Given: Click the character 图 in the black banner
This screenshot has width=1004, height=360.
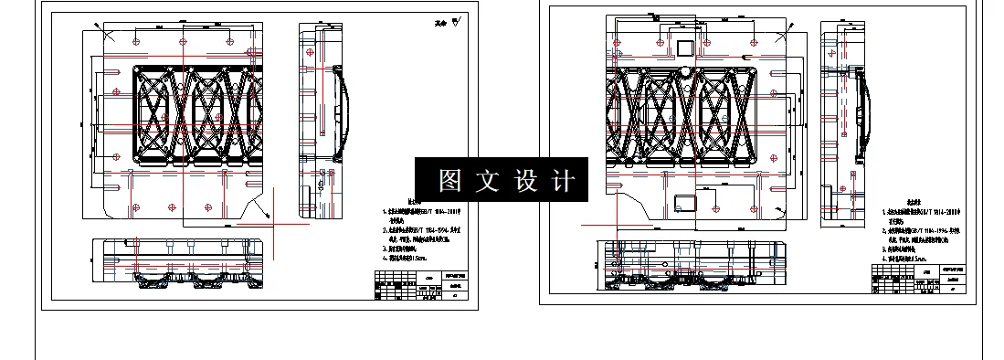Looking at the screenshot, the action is (449, 181).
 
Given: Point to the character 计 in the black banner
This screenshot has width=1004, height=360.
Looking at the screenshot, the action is (565, 181).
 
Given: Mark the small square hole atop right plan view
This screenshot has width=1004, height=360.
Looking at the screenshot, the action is (683, 47).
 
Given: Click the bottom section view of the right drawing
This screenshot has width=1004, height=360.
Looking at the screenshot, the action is (690, 265).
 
